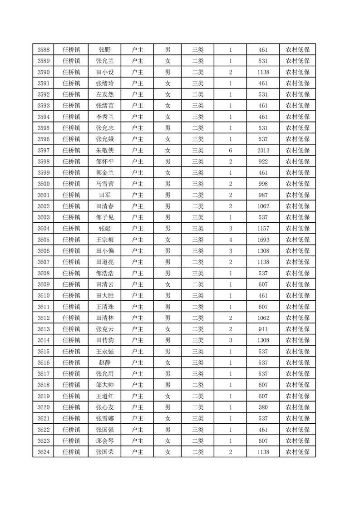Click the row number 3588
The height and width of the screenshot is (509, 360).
point(43,50)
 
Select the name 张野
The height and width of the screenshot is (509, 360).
point(104,50)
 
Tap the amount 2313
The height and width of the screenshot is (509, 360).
point(263,151)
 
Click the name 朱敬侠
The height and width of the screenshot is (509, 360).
point(104,151)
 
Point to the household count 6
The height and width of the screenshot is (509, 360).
point(231,151)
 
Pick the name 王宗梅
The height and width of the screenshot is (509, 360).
point(104,240)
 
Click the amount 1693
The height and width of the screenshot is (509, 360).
point(263,240)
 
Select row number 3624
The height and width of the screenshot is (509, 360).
point(43,452)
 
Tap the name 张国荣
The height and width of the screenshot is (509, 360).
point(104,452)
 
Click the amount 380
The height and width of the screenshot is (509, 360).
point(263,407)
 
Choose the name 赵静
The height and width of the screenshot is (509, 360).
point(104,362)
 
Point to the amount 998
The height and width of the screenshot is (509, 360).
point(263,184)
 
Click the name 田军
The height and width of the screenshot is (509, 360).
point(104,195)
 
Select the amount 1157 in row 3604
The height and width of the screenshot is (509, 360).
point(263,229)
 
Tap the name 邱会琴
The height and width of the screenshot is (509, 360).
point(104,441)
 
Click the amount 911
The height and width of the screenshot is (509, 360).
point(263,329)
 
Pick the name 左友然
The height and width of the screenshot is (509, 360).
point(104,94)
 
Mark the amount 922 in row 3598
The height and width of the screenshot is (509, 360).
point(263,162)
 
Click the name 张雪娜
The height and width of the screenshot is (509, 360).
point(104,418)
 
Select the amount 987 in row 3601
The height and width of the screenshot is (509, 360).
point(263,195)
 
